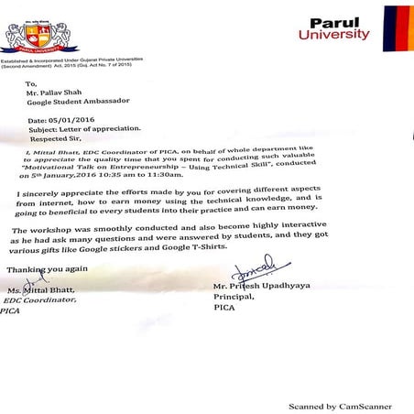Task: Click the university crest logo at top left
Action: [x=40, y=35]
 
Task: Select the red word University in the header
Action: [x=333, y=36]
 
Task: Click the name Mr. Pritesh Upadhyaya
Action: [x=262, y=287]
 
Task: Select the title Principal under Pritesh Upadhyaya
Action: [x=233, y=298]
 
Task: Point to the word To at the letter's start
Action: [x=31, y=82]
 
